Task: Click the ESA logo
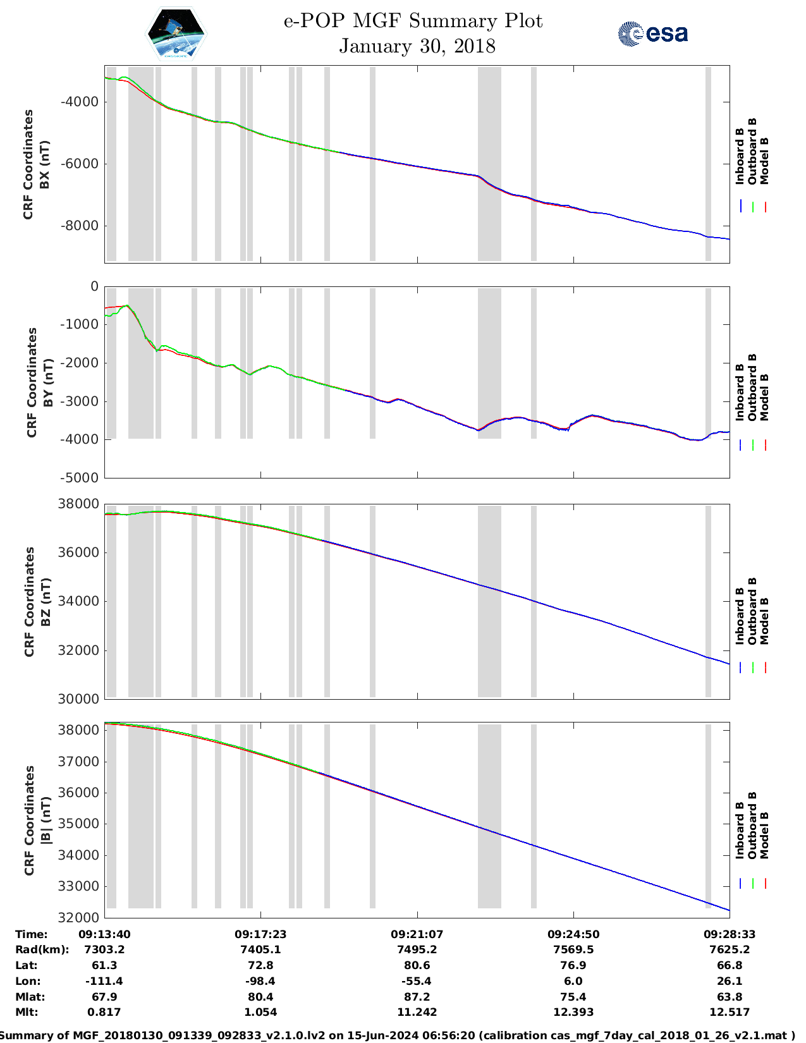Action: tap(652, 34)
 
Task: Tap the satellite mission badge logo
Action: tap(176, 34)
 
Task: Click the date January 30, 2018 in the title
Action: tap(417, 46)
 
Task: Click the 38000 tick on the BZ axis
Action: tap(78, 504)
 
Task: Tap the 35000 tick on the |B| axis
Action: tap(78, 824)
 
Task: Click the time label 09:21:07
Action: tap(417, 934)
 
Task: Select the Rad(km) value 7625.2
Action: tap(730, 949)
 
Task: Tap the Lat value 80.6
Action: tap(417, 965)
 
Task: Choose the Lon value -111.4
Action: tap(104, 981)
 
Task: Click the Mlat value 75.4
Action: tap(573, 997)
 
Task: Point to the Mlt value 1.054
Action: tap(260, 1012)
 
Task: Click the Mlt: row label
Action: tap(27, 1012)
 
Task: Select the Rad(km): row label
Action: tap(42, 949)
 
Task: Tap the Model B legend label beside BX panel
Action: tap(764, 161)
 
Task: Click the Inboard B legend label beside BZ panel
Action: tap(740, 616)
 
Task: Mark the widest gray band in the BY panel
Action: tap(141, 363)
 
